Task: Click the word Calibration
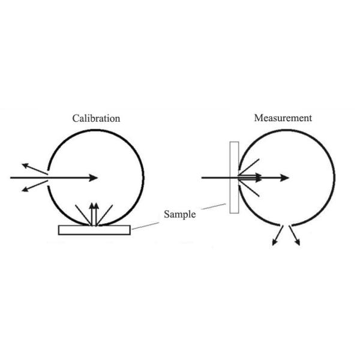[96, 119]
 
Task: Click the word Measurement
[283, 118]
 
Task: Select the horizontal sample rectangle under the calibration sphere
[94, 230]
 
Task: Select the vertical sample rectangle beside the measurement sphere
[234, 177]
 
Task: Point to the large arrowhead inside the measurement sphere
[284, 178]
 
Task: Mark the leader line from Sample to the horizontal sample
[146, 224]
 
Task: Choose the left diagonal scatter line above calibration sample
[82, 215]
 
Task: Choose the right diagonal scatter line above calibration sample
[107, 215]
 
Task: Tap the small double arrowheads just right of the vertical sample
[258, 178]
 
